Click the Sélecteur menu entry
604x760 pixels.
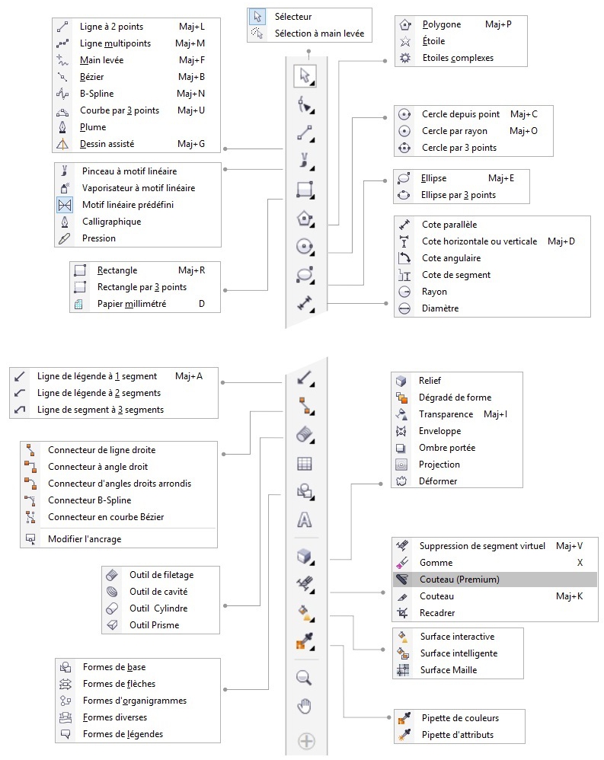tap(292, 17)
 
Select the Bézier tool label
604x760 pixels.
tap(91, 77)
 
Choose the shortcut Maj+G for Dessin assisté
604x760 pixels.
tap(190, 144)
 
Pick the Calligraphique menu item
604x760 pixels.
tap(111, 222)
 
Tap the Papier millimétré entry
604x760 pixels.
tap(131, 304)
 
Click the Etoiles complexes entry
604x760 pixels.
tap(457, 58)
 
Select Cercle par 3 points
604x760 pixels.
tap(459, 148)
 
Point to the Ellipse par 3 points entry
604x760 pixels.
tap(459, 195)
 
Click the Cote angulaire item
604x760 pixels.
tap(451, 258)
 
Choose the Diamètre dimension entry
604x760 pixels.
tap(440, 308)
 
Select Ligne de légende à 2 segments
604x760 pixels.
tap(99, 393)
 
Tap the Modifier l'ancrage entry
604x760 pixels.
tap(85, 539)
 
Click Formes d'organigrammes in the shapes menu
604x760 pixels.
tap(134, 701)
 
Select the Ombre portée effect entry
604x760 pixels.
tap(446, 448)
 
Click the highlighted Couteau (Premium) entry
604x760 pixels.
tap(459, 580)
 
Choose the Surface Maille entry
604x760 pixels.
tap(448, 670)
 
